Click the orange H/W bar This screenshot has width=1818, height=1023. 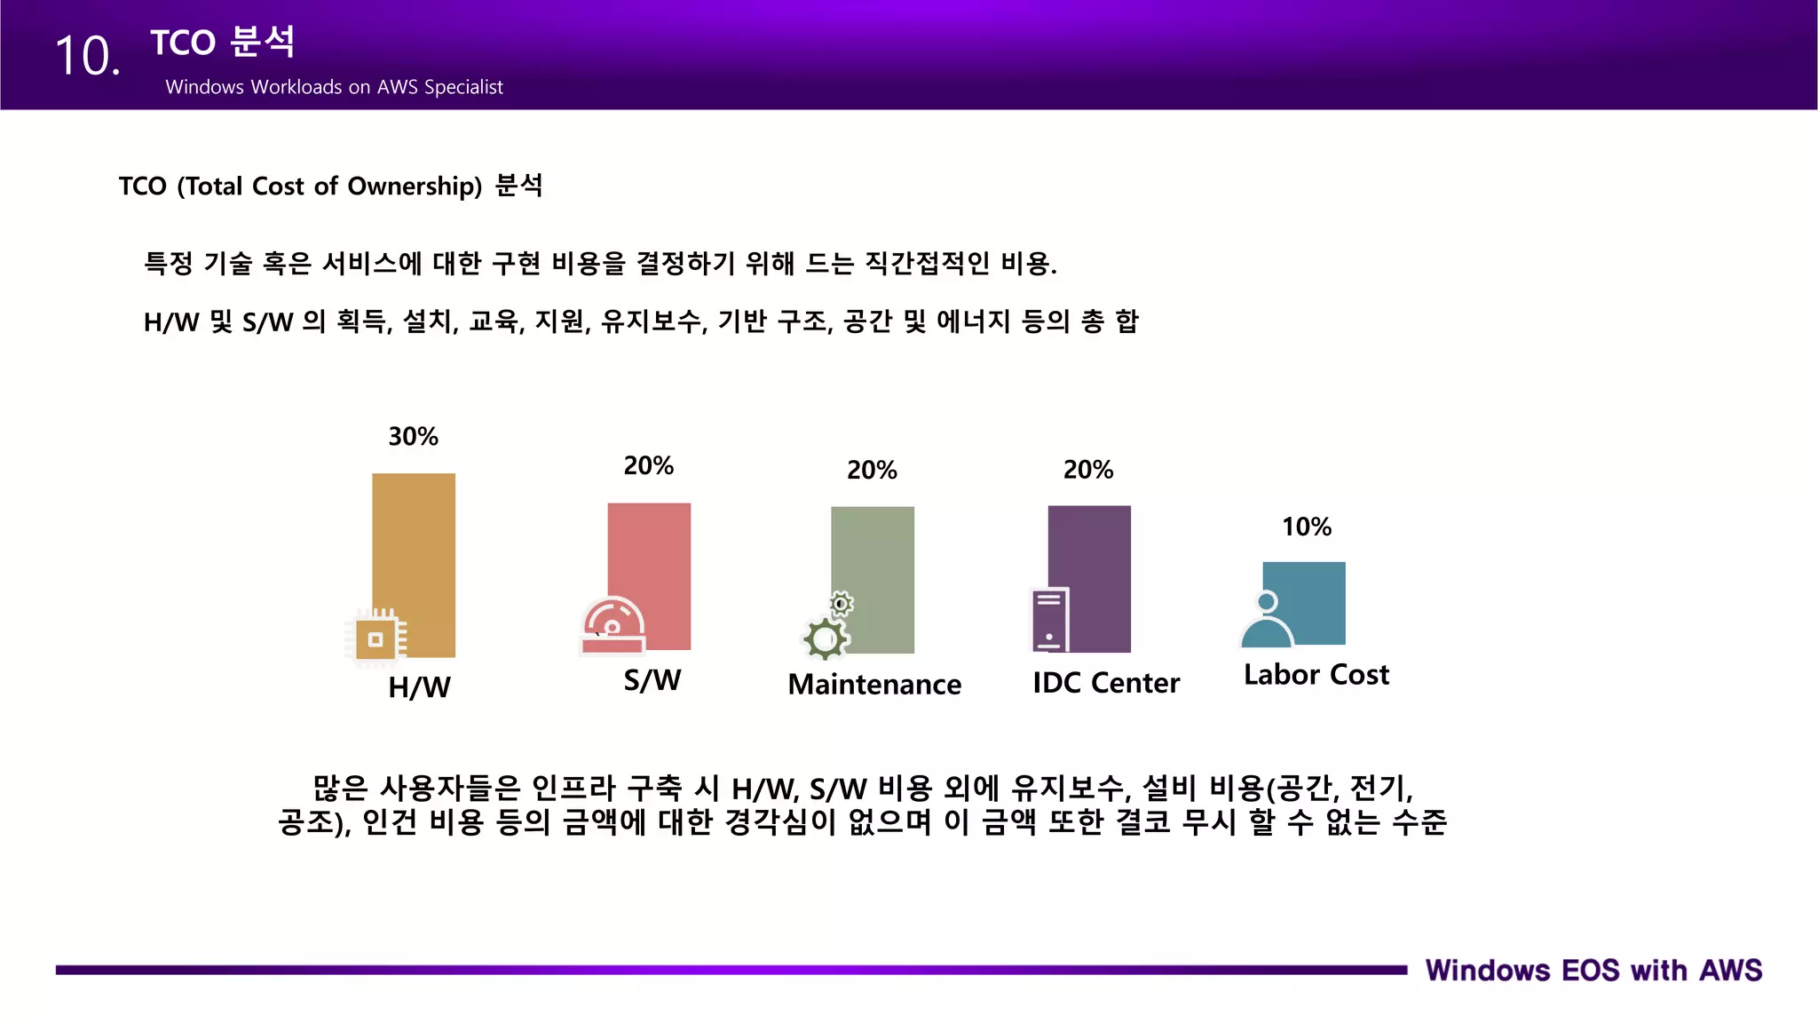(415, 542)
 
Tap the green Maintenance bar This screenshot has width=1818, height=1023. (873, 559)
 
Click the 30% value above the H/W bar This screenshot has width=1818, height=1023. (414, 436)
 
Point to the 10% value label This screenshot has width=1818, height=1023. (1307, 527)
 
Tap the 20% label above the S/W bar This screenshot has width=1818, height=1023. (649, 465)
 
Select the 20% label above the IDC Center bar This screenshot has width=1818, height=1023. (1088, 469)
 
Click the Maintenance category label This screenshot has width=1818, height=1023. (874, 684)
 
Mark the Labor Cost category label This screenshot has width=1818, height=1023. (1316, 675)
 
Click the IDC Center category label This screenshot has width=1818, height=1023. (1106, 682)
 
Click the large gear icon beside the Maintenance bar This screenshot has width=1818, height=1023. (825, 638)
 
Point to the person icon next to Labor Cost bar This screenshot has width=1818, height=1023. (1267, 620)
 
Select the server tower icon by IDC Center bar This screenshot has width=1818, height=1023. (1049, 620)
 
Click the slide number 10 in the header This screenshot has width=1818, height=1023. (87, 56)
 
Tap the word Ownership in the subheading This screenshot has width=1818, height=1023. (414, 186)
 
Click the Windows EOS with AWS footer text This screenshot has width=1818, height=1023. (1593, 970)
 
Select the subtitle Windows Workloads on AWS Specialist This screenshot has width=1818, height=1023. (334, 87)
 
